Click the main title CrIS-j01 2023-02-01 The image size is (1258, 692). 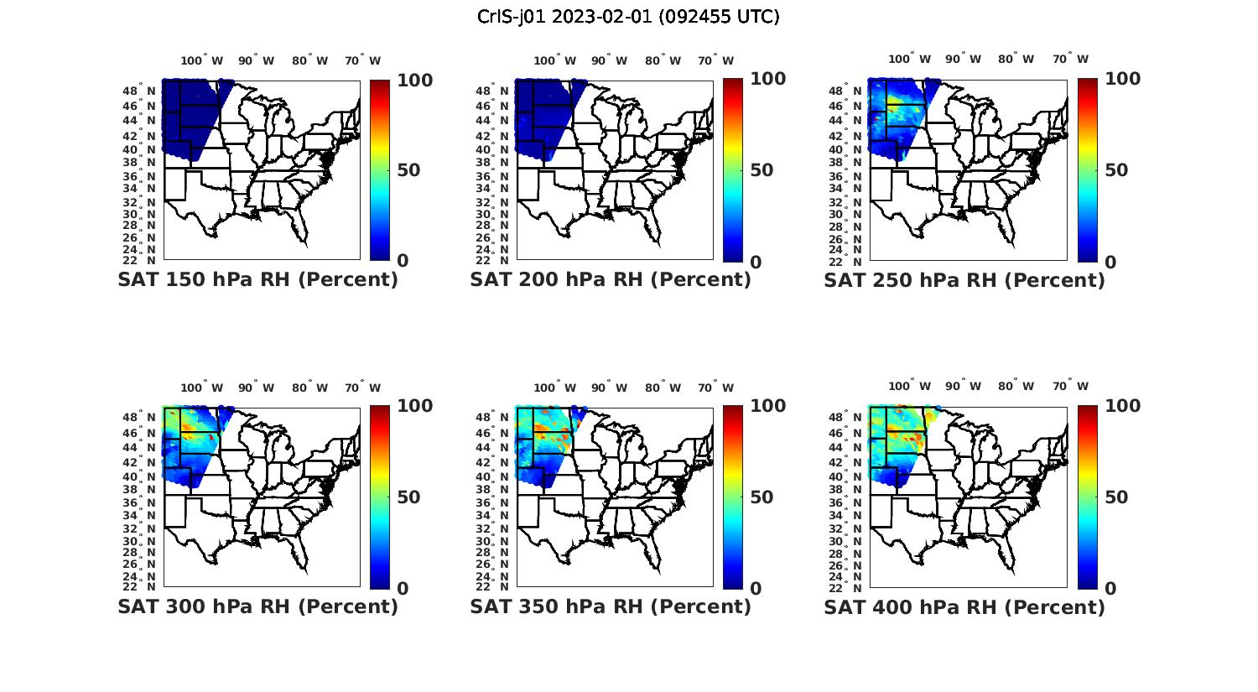point(628,17)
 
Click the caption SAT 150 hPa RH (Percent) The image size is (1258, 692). point(257,280)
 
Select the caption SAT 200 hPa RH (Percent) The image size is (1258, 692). point(611,280)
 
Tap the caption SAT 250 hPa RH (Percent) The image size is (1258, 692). point(964,280)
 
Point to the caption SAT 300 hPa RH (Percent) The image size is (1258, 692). point(257,606)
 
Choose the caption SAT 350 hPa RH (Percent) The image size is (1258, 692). point(611,606)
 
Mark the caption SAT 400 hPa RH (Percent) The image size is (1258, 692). point(964,606)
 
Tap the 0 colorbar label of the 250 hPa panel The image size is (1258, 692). point(1110,262)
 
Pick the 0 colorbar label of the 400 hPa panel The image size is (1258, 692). point(1110,589)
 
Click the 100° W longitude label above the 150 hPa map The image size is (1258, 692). point(201,60)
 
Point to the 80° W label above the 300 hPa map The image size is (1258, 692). point(310,388)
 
